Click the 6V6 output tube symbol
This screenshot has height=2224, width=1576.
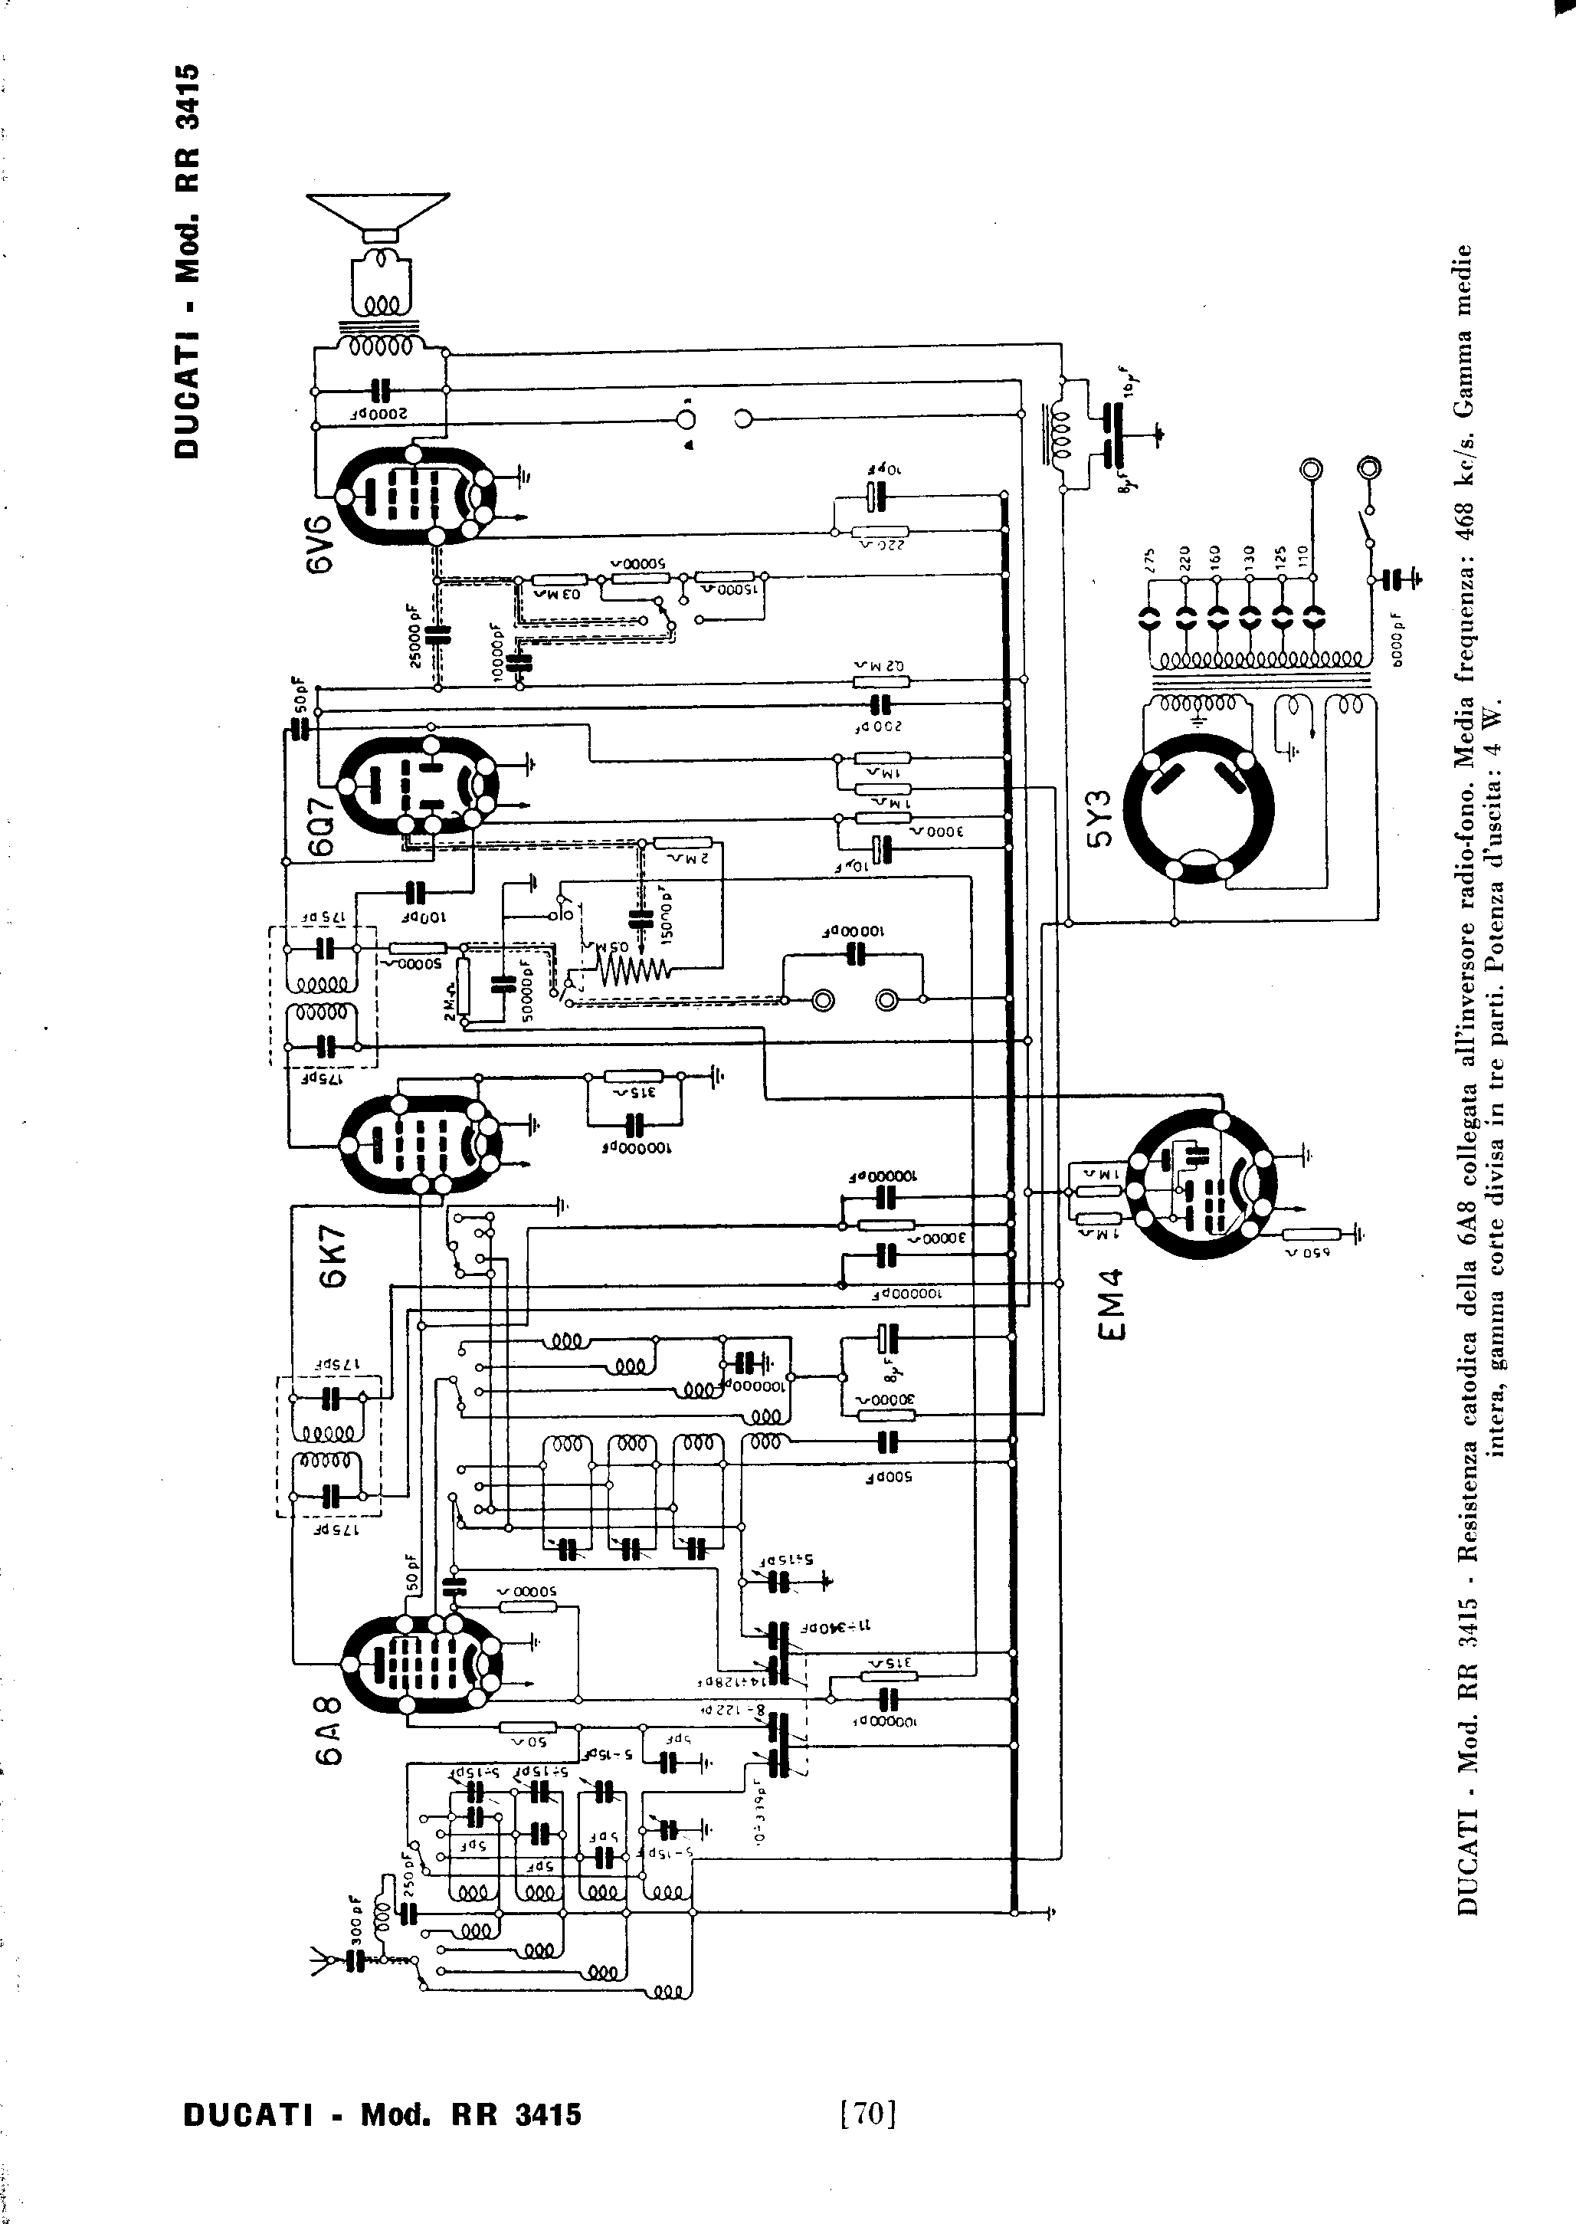418,498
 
